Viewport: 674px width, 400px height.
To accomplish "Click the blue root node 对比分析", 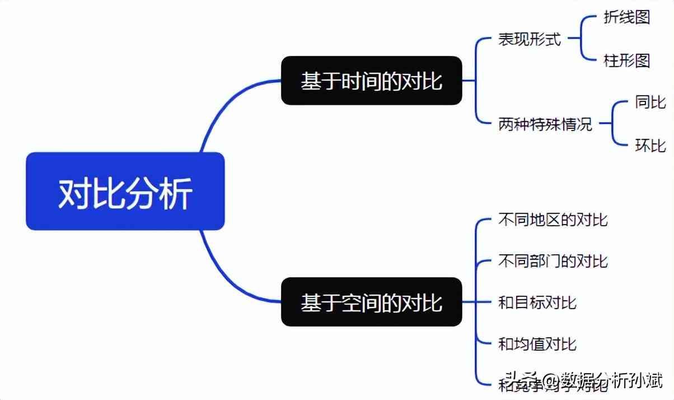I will pos(125,191).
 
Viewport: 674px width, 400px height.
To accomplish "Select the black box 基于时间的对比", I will pos(371,81).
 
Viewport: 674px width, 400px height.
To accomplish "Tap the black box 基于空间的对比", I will pos(371,302).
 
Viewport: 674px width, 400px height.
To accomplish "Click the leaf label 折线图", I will pos(626,17).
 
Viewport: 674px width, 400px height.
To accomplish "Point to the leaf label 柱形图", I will pos(626,60).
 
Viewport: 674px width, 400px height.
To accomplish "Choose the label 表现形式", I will pos(529,39).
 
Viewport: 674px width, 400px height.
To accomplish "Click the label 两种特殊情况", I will pos(545,123).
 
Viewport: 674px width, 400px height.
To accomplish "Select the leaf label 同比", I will pos(650,103).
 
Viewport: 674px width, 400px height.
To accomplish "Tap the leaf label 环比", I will pos(650,145).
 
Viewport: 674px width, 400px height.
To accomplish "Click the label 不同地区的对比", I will pos(553,220).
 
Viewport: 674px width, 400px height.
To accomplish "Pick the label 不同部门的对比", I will pos(553,261).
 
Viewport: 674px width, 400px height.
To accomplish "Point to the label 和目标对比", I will pos(537,303).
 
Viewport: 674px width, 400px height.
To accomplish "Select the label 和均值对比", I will pos(537,343).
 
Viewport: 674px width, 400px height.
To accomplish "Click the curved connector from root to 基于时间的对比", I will pos(224,106).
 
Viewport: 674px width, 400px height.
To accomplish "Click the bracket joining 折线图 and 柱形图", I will pos(581,39).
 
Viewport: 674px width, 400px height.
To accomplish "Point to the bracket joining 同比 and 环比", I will pos(612,123).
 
